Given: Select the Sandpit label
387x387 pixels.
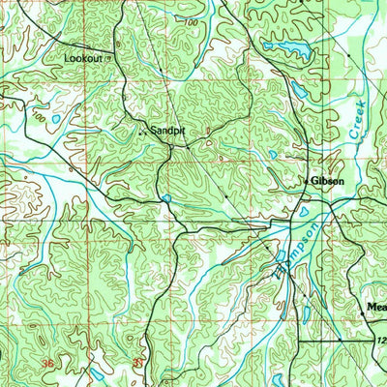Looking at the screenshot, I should click(166, 128).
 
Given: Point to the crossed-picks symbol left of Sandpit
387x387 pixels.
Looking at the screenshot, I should click(143, 130).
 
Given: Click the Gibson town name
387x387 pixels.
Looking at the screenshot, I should click(328, 181).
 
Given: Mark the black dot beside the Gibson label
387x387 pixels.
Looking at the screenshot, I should click(307, 182).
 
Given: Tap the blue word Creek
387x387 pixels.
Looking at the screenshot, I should click(355, 121).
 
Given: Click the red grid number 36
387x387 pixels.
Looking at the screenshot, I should click(47, 363).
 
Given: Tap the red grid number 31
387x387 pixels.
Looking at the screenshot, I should click(137, 363).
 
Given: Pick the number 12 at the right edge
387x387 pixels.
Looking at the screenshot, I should click(380, 341).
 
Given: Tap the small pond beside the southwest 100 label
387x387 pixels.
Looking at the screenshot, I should click(55, 120).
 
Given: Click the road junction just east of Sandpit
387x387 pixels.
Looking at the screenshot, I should click(172, 147).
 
